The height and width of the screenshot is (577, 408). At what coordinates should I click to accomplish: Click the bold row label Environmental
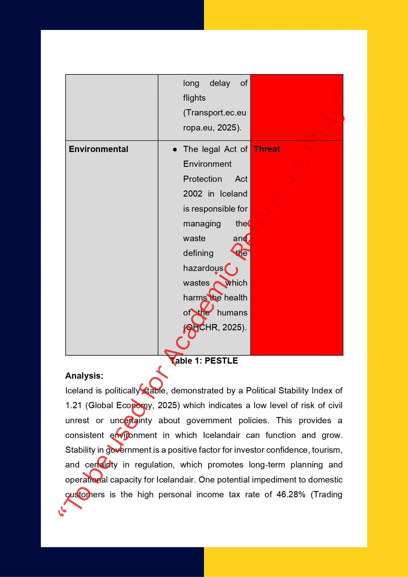(x=98, y=149)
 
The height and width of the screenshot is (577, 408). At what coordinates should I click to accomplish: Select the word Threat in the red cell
(x=267, y=149)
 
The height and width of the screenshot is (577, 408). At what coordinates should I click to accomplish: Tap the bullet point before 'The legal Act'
(x=175, y=149)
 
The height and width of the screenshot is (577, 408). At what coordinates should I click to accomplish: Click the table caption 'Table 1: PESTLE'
(x=204, y=361)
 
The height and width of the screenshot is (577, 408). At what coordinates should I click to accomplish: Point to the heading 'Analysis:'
(x=84, y=376)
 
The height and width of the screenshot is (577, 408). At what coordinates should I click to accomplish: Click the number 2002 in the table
(x=192, y=194)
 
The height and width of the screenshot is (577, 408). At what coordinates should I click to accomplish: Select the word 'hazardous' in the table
(x=203, y=268)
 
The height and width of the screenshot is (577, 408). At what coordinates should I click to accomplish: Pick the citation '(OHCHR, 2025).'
(x=215, y=327)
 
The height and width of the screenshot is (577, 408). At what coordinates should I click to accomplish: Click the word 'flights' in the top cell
(x=194, y=98)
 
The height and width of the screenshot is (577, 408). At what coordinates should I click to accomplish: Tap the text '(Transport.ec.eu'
(x=215, y=113)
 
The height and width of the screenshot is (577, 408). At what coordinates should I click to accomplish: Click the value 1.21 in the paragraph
(x=73, y=405)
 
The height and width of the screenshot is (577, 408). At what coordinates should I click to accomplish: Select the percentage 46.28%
(x=291, y=494)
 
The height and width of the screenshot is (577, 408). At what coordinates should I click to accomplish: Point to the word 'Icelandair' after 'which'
(x=221, y=435)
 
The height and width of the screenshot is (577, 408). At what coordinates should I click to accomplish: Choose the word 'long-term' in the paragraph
(x=267, y=465)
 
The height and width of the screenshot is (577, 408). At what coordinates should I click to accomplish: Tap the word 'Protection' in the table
(x=203, y=179)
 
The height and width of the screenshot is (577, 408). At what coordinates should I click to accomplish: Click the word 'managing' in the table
(x=202, y=224)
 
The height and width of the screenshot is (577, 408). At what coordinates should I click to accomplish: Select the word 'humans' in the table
(x=232, y=313)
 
